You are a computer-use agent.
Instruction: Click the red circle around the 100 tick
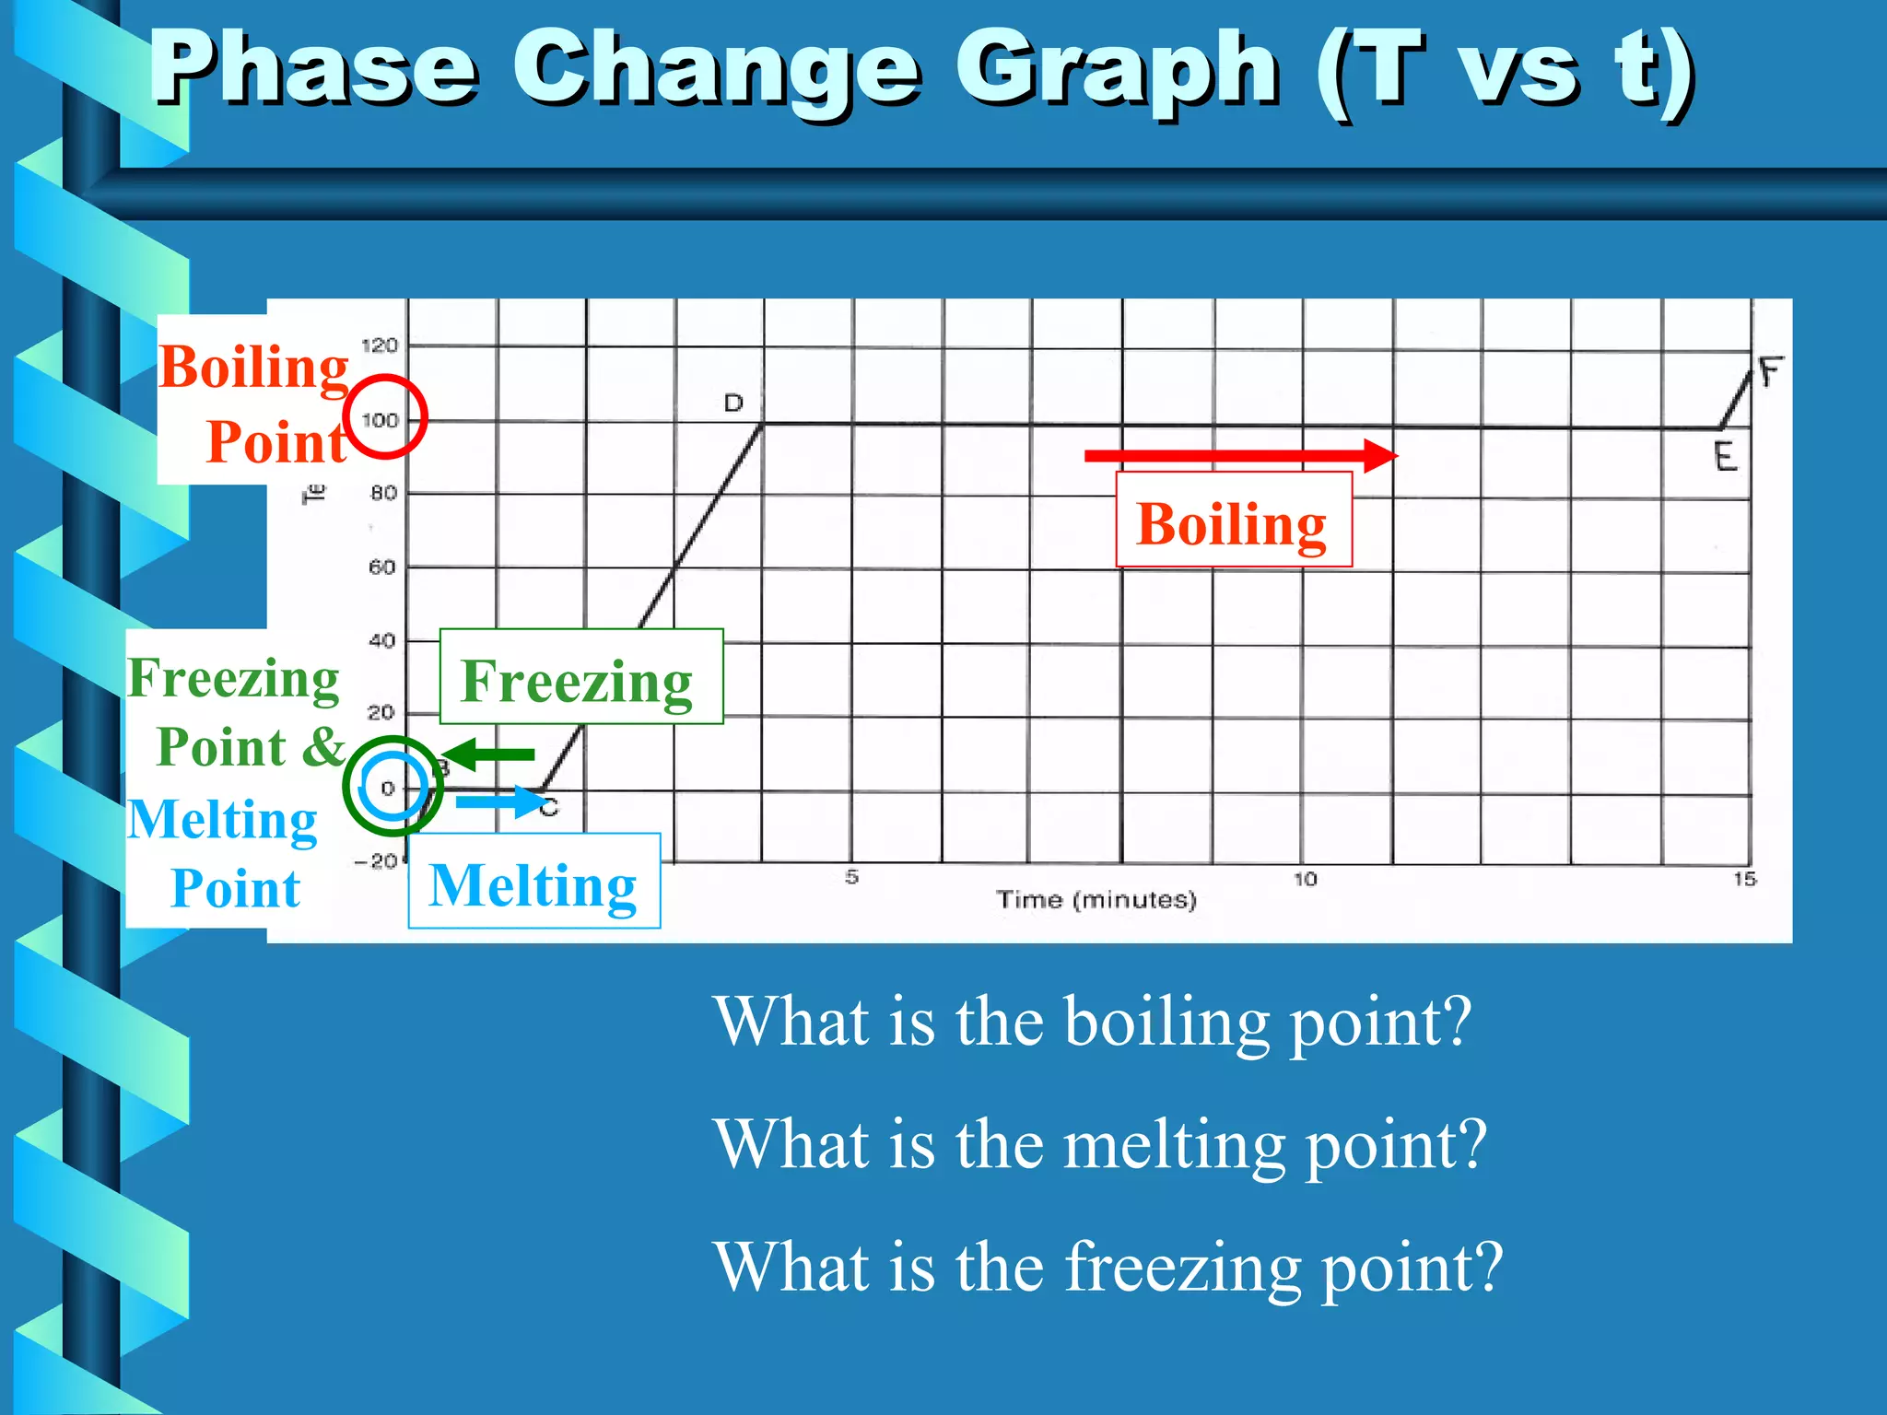[x=385, y=416]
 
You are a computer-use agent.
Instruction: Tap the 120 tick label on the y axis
[x=380, y=346]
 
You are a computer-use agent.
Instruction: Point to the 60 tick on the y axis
[x=382, y=567]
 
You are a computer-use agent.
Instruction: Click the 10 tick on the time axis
[x=1306, y=880]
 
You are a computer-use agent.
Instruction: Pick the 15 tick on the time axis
[x=1744, y=880]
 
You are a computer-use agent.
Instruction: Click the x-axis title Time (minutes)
[x=1096, y=900]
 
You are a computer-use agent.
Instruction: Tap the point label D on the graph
[x=733, y=403]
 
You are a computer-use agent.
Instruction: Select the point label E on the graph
[x=1725, y=457]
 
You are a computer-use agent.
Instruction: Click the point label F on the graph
[x=1771, y=373]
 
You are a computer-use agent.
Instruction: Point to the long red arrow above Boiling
[x=1239, y=456]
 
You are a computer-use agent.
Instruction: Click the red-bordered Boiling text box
[x=1233, y=520]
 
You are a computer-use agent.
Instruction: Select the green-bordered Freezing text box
[x=580, y=677]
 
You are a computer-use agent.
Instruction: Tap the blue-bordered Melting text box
[x=534, y=882]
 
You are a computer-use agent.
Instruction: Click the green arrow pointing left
[x=488, y=754]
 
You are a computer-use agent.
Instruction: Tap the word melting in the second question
[x=1174, y=1145]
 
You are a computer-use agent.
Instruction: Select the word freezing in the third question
[x=1183, y=1268]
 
